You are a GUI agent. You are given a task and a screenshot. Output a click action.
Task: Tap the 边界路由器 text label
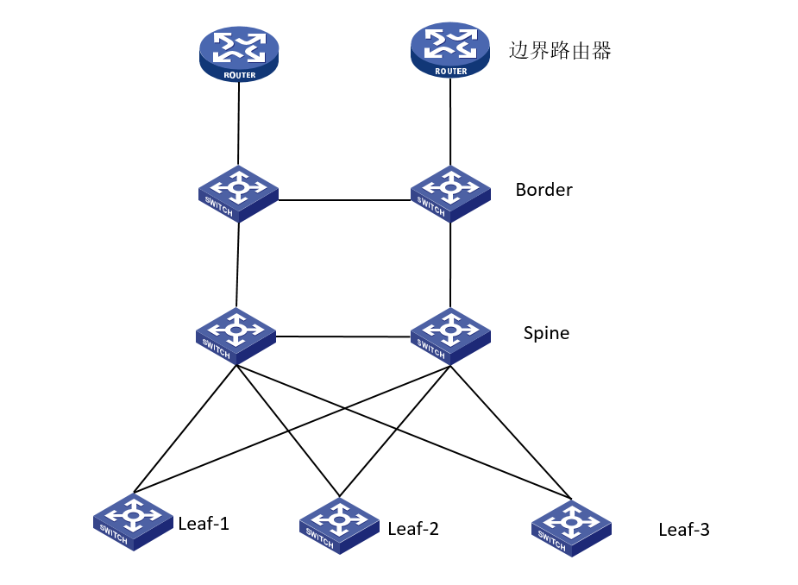tap(560, 51)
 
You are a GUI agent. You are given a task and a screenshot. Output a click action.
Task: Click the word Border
tap(544, 190)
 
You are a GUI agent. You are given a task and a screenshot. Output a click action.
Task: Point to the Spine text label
tap(546, 333)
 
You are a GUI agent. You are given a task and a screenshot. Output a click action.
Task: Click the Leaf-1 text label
tap(204, 523)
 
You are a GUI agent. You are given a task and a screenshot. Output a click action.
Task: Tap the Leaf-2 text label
tap(413, 529)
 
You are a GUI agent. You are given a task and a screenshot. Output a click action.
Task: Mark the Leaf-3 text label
tap(683, 530)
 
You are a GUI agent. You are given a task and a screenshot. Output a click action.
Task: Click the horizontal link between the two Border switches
tap(344, 200)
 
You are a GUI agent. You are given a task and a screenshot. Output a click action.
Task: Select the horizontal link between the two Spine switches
tap(343, 337)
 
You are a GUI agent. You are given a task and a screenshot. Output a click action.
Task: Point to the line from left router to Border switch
tap(238, 125)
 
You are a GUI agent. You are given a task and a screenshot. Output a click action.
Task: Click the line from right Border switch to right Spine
tap(450, 266)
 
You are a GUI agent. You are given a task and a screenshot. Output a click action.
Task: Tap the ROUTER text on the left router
tap(239, 76)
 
